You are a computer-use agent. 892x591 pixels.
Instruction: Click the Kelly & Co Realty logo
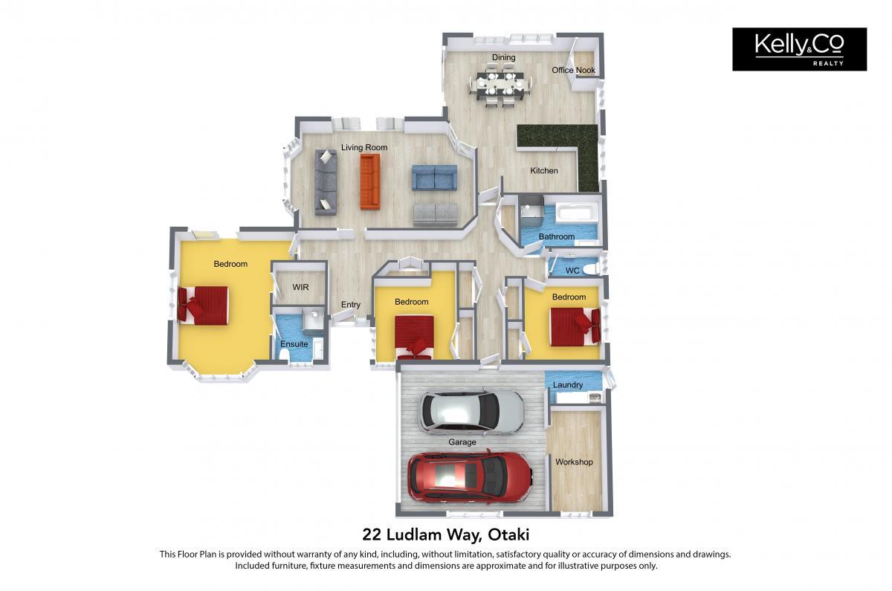(799, 49)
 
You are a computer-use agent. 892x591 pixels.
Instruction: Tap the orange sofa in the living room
(370, 181)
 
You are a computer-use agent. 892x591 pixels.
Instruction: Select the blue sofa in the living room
(434, 177)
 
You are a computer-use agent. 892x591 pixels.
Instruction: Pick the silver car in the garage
(471, 411)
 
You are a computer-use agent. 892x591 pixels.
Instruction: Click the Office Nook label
(573, 70)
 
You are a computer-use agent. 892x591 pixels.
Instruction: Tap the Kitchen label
(544, 170)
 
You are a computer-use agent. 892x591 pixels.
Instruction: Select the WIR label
(300, 287)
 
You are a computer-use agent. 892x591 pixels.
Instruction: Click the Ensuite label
(294, 343)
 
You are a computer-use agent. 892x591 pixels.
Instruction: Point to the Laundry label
(567, 385)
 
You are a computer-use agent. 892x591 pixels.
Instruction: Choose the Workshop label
(574, 462)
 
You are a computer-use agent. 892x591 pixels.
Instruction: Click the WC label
(572, 271)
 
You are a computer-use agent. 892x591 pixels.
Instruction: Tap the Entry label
(350, 305)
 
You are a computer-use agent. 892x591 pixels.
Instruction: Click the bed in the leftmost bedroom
(203, 306)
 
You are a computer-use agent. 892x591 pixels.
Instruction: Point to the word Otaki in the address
(508, 535)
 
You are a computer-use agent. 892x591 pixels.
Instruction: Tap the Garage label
(462, 442)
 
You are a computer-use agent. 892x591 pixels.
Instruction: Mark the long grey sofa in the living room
(326, 182)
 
